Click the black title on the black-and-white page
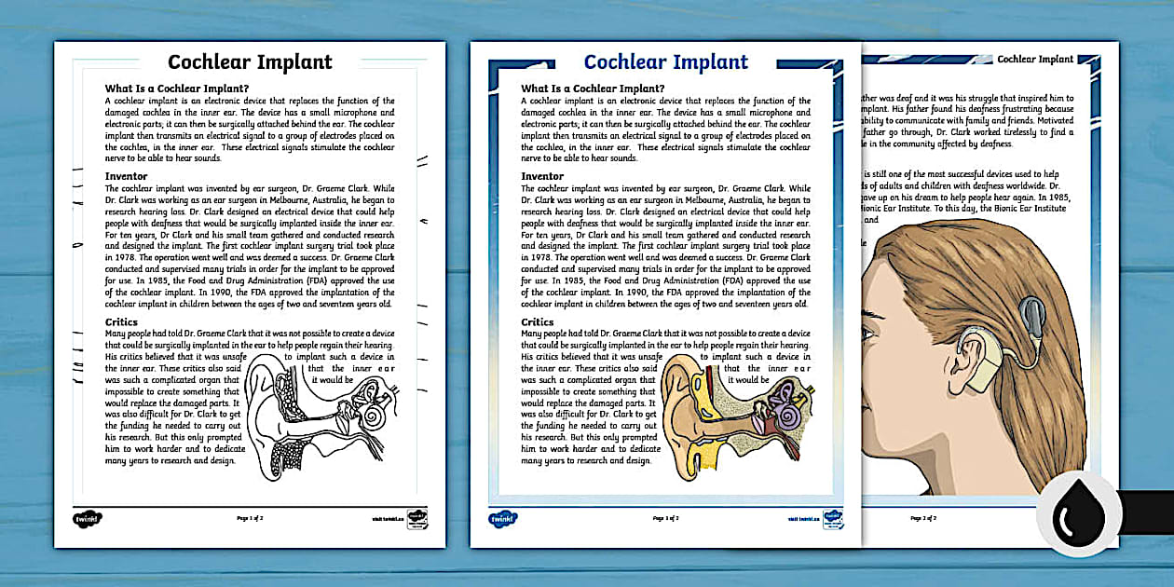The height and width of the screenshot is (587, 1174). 249,62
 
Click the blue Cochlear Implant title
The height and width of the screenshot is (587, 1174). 665,62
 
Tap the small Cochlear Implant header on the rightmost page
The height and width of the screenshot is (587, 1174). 1034,59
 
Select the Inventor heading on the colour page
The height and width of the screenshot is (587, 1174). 542,176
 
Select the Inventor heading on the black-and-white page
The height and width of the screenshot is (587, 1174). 127,176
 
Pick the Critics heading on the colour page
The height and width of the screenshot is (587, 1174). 537,322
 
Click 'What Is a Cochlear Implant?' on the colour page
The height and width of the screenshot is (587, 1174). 593,89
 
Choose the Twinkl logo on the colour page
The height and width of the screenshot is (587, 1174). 503,518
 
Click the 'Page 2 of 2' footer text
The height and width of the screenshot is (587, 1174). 922,517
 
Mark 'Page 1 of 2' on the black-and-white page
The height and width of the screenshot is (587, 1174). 249,518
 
